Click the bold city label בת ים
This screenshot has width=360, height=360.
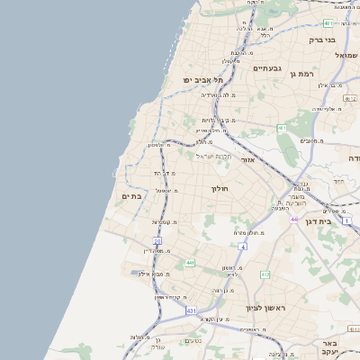(x=130, y=196)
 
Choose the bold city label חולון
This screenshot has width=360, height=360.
(x=220, y=189)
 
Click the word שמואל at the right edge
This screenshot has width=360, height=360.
(x=346, y=56)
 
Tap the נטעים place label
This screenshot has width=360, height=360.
(x=193, y=340)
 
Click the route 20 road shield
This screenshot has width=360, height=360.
(x=157, y=241)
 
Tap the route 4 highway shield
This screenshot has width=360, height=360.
(x=242, y=246)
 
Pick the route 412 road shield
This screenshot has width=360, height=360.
(x=265, y=274)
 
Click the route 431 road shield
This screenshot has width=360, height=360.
(x=192, y=310)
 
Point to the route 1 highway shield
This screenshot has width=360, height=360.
(x=282, y=128)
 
